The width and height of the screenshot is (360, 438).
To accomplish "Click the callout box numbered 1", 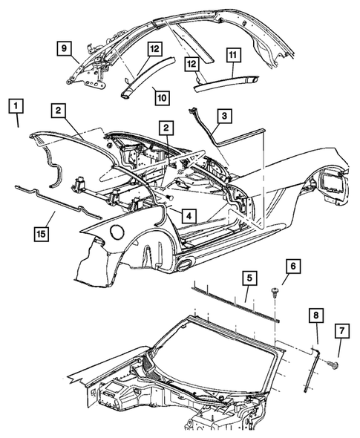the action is (16, 106).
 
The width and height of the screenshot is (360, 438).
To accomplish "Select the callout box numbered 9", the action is (65, 48).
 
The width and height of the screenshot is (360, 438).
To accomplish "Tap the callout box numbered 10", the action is (163, 98).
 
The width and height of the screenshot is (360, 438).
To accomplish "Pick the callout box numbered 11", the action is (233, 55).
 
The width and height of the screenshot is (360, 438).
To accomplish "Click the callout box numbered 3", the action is (225, 115).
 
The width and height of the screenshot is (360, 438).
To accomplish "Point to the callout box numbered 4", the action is (189, 215).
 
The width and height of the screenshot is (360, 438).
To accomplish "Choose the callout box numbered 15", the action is (42, 234).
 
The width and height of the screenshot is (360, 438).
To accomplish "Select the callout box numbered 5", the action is (249, 278).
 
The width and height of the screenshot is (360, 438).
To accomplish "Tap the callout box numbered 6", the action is (293, 267).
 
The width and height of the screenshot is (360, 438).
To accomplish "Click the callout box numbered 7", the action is (342, 331).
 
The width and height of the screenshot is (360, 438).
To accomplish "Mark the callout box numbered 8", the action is (316, 316).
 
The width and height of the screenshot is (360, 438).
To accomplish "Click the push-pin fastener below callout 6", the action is (274, 293).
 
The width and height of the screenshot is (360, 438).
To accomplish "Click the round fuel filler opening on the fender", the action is (117, 231).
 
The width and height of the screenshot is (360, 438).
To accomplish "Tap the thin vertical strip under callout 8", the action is (310, 369).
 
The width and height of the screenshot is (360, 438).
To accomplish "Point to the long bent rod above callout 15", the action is (58, 202).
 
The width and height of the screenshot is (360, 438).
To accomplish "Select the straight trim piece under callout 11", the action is (226, 84).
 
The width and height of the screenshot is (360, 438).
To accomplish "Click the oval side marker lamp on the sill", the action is (185, 264).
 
